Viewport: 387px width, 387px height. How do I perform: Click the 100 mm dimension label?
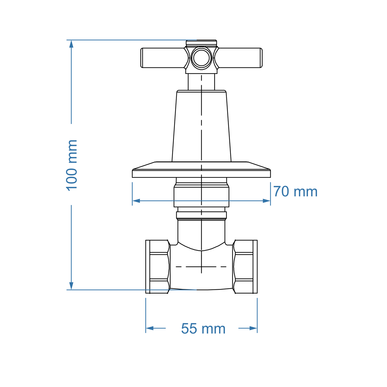click(x=72, y=165)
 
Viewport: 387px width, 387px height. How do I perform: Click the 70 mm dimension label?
click(x=295, y=192)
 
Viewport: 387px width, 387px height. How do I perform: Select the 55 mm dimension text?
click(x=203, y=329)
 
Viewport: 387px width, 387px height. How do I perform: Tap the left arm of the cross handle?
click(x=162, y=58)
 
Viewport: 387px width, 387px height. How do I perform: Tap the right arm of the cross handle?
click(x=240, y=58)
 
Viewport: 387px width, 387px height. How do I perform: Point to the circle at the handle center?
click(x=201, y=58)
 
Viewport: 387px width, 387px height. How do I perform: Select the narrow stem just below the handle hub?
click(x=201, y=82)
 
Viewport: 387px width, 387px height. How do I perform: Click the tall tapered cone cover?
click(x=201, y=126)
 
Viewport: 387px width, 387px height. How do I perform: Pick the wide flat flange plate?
click(x=201, y=173)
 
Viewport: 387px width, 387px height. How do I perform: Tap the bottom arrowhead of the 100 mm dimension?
click(x=71, y=286)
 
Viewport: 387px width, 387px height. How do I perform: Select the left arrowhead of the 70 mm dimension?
click(x=136, y=201)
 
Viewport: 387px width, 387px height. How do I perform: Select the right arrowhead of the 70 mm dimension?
click(x=267, y=201)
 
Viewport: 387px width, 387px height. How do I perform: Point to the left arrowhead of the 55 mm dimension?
click(x=149, y=328)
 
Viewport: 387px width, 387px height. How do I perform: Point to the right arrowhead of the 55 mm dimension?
click(x=253, y=328)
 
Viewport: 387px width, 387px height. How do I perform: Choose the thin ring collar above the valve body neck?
click(x=201, y=215)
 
